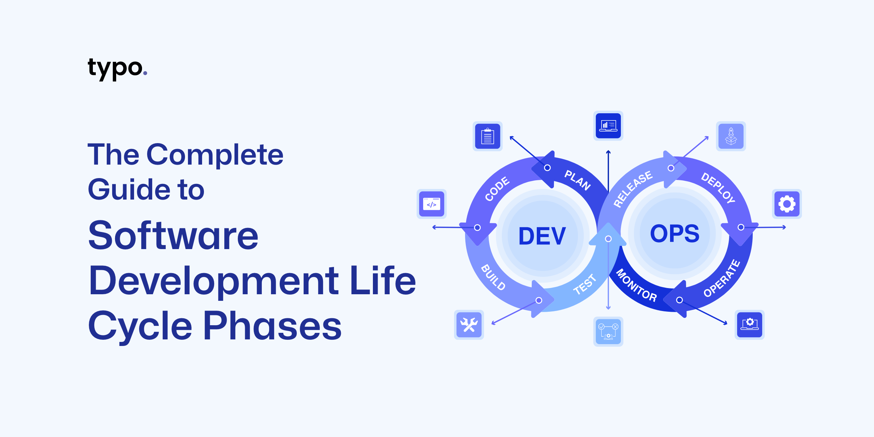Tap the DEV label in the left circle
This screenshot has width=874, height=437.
(x=542, y=236)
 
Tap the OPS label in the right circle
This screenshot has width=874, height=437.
(x=674, y=233)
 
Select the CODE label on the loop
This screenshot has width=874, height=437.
(x=497, y=189)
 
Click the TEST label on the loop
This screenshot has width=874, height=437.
(x=585, y=284)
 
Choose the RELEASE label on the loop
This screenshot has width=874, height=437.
(x=633, y=189)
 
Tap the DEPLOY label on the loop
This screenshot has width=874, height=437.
(x=718, y=188)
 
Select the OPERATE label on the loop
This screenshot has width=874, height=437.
(x=722, y=279)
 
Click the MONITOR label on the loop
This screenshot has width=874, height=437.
(x=636, y=286)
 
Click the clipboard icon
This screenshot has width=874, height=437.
(x=487, y=136)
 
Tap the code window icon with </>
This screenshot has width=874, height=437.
(x=432, y=204)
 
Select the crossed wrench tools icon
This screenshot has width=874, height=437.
(x=469, y=324)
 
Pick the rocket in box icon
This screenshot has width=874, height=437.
(x=731, y=136)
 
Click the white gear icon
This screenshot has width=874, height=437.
(x=787, y=204)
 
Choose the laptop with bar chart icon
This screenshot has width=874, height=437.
(x=608, y=126)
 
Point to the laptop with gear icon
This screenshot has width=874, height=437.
(x=749, y=324)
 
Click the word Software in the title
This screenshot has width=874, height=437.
(x=173, y=236)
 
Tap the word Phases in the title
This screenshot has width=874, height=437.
(x=272, y=326)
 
